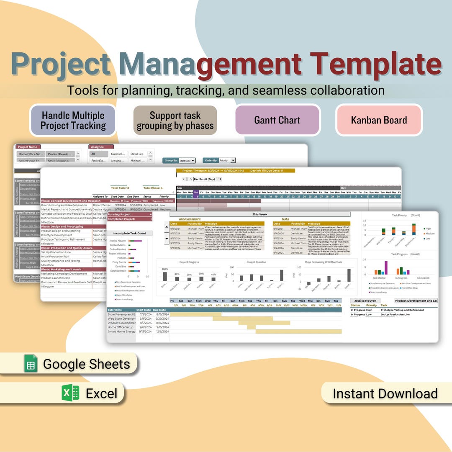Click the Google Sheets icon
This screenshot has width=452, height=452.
point(31,363)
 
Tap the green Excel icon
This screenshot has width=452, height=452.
point(70,393)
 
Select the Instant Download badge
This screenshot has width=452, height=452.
point(385,393)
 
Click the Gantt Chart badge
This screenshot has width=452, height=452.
point(277,120)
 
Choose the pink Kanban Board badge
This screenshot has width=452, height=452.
point(379,120)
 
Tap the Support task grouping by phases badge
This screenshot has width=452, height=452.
point(175,121)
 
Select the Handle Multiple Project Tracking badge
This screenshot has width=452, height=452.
point(73,121)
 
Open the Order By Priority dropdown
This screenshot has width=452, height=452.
point(227,160)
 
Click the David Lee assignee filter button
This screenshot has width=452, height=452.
point(137,154)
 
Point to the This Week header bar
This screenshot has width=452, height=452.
point(259,214)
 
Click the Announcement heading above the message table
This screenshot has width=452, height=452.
point(190,219)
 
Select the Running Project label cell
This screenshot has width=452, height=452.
point(122,214)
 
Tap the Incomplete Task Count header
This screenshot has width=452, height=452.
point(130,234)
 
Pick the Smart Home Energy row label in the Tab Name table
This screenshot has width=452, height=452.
point(121,331)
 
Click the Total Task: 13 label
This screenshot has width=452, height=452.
point(120,188)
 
